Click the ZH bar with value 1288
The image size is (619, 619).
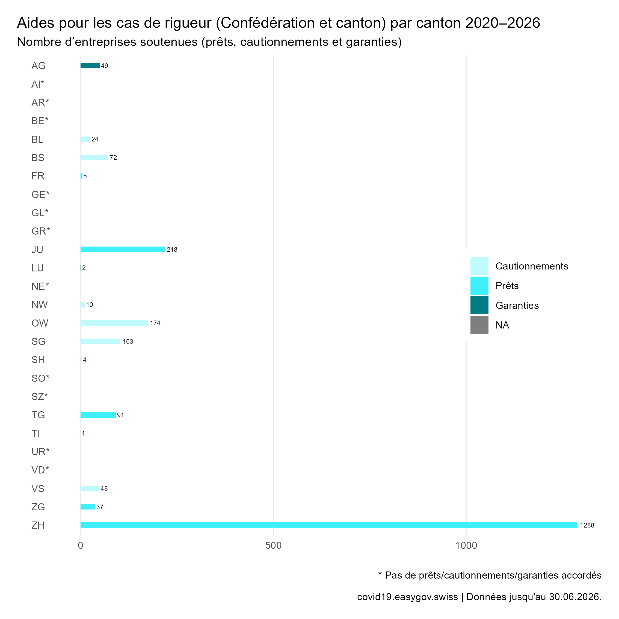pos(329,525)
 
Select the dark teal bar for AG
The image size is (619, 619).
pos(90,66)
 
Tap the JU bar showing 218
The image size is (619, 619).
pos(122,250)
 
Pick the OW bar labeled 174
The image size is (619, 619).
pos(114,323)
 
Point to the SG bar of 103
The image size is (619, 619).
pos(100,342)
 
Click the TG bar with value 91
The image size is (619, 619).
pos(98,415)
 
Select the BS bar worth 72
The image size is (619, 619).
pos(94,158)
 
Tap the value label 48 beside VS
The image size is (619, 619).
pos(104,488)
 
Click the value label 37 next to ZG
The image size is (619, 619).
pos(100,507)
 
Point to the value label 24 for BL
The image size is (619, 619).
pos(95,139)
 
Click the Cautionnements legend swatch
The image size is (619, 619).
pos(479,266)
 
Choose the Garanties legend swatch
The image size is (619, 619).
pos(479,305)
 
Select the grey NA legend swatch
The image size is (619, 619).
pos(479,325)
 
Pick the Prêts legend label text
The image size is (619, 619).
pos(507,286)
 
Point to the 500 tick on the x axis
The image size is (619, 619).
pos(273,545)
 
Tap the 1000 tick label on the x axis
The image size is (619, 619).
pos(466,545)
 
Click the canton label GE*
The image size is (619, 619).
pos(40,194)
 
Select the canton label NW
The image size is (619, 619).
pos(39,305)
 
